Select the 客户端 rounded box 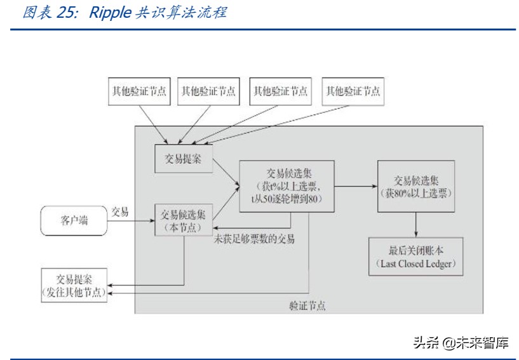74,221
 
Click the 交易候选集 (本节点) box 183,220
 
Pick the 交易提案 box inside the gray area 183,159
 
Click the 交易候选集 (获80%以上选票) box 415,186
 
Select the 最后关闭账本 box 415,257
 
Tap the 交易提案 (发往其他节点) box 74,285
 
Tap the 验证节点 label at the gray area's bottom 307,305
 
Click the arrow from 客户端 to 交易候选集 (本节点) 130,221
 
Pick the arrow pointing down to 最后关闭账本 415,225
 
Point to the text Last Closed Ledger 415,263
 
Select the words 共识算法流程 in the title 180,13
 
